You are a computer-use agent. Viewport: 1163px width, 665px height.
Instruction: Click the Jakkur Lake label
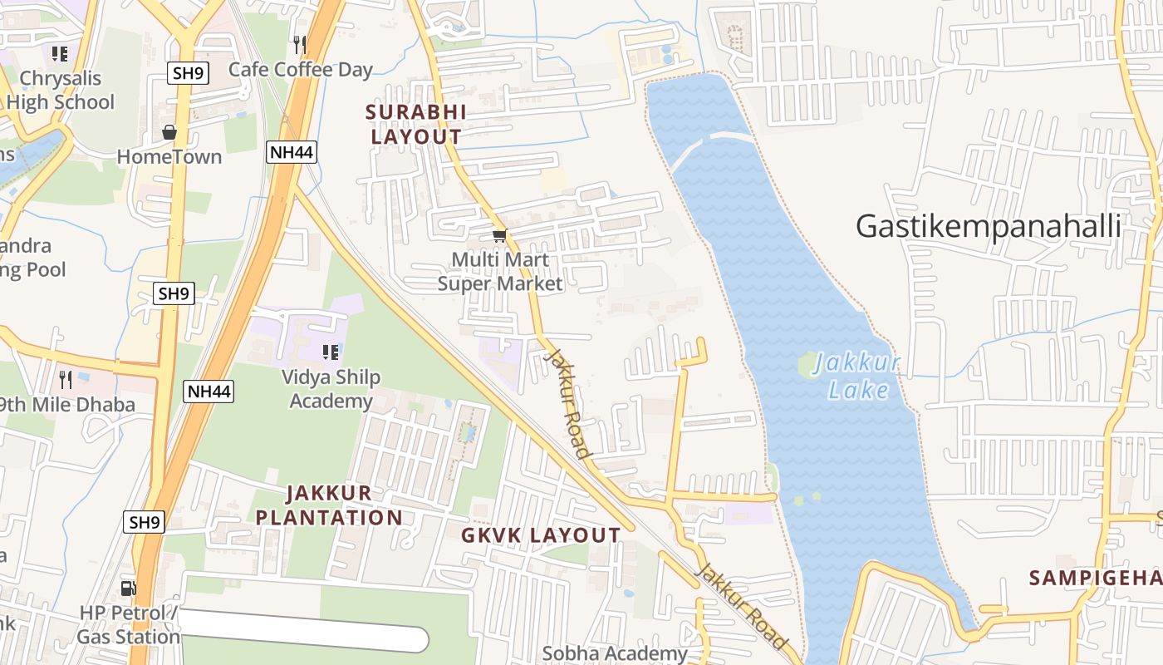tap(856, 377)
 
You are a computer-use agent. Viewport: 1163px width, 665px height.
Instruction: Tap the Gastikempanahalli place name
tap(989, 226)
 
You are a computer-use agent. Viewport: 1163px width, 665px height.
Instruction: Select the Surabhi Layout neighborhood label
tap(416, 124)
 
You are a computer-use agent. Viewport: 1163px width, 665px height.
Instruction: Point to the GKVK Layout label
tap(541, 535)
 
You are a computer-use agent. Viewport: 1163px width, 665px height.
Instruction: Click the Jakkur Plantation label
tap(329, 505)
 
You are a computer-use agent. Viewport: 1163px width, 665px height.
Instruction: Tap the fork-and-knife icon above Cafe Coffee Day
tap(300, 44)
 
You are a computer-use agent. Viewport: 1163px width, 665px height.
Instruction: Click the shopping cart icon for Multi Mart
tap(499, 236)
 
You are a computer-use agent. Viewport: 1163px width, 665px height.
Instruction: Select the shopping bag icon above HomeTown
tap(169, 133)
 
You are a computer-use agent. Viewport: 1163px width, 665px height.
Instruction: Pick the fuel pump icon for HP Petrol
tap(129, 589)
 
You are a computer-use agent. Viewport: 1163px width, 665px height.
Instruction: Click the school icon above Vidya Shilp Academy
tap(331, 352)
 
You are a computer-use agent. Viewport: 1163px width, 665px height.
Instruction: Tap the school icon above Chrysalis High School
tap(60, 54)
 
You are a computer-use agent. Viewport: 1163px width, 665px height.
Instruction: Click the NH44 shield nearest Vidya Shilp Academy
tap(209, 392)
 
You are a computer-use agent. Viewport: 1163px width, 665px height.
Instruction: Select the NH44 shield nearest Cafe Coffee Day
tap(292, 151)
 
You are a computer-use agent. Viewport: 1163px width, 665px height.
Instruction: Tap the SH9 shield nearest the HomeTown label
tap(188, 73)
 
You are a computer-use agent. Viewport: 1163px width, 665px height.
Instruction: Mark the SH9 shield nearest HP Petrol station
tap(145, 522)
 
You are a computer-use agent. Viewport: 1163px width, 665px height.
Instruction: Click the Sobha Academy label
tap(615, 653)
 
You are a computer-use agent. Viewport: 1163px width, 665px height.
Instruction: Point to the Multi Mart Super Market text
tap(500, 272)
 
